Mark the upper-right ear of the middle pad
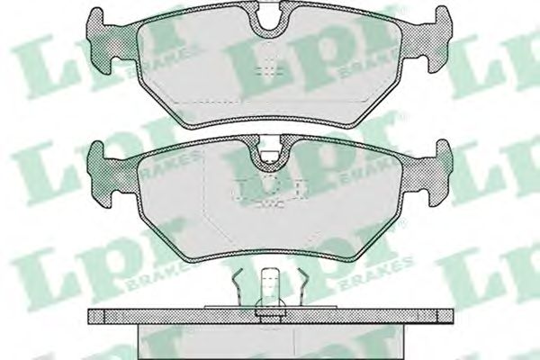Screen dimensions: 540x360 (x=444, y=151)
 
